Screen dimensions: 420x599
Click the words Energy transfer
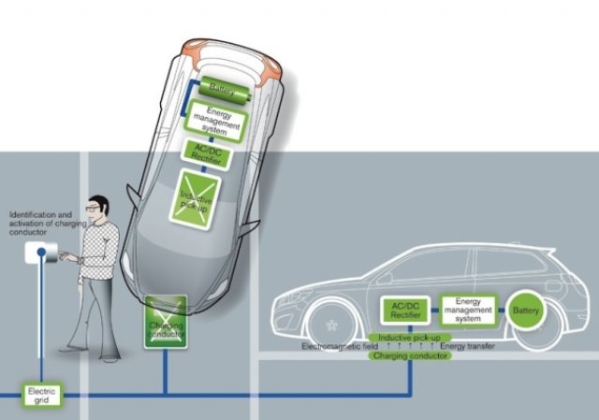467,346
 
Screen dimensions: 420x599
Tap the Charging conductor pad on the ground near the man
166,323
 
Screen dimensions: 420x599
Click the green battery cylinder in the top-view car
222,89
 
